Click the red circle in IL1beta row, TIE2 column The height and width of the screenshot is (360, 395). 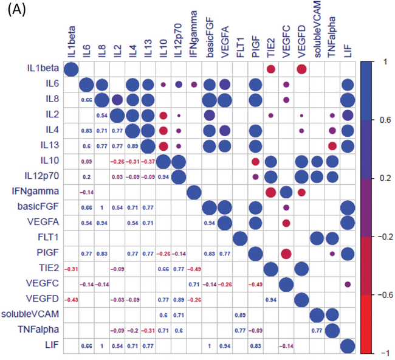(x=270, y=70)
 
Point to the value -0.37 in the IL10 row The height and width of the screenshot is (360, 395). (x=147, y=162)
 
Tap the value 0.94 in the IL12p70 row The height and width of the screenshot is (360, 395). (x=163, y=177)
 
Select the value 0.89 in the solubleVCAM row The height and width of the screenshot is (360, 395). (x=239, y=315)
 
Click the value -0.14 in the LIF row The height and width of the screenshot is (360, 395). (x=286, y=345)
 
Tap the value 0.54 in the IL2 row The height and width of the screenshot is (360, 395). (x=101, y=116)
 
